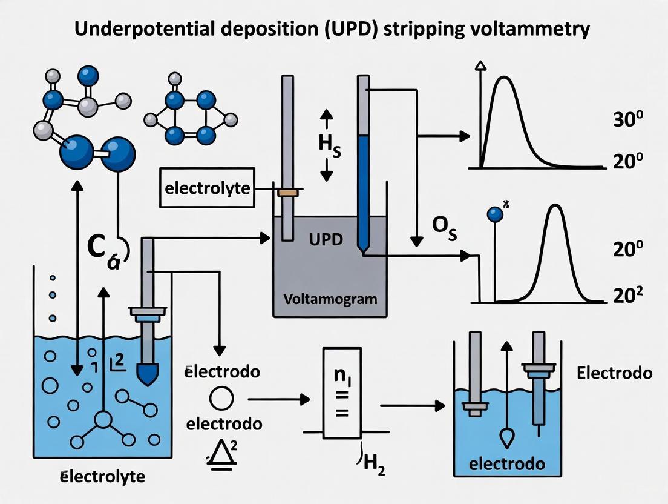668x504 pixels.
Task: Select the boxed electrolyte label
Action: tap(207, 187)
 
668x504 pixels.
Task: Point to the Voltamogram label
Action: tap(330, 299)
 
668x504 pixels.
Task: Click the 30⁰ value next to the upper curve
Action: tap(623, 119)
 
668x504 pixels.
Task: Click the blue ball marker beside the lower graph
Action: tap(495, 214)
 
